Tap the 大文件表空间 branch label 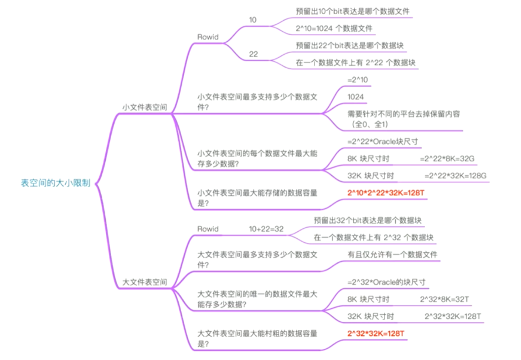tap(144, 282)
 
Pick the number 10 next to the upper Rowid tap(253, 20)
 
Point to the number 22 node tap(253, 54)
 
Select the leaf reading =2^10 tap(358, 79)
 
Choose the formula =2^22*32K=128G tap(455, 175)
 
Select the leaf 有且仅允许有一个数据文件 tap(392, 255)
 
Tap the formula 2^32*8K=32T tap(445, 299)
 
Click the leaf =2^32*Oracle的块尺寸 tap(386, 282)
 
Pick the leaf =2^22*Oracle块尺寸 tap(383, 141)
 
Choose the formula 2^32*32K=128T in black tap(453, 316)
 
